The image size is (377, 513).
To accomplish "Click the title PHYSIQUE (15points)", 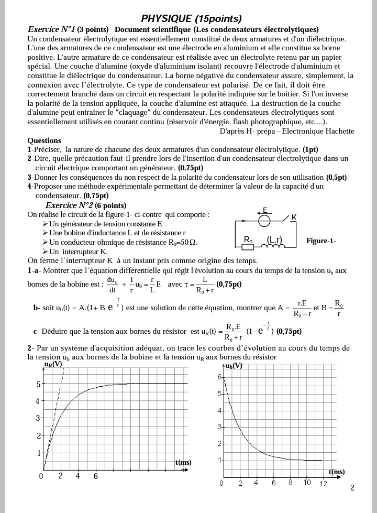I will pos(191,19).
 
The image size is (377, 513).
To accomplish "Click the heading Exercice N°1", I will pos(51,29).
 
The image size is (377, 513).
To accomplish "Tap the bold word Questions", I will pos(44,140).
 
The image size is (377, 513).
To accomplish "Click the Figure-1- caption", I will pos(321,241).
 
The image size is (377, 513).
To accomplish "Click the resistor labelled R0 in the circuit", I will pos(249,240).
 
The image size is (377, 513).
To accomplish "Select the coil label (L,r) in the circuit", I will pos(274,240).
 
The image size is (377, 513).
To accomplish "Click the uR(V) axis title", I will pos(53,364).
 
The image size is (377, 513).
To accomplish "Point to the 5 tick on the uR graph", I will pos(38,384).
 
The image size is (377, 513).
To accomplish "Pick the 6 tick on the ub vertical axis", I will pos(219,377).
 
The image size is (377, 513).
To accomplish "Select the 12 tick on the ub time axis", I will pos(323,483).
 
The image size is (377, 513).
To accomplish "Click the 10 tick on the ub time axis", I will pos(307,483).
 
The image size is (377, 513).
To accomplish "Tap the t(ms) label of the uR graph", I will pos(183,462).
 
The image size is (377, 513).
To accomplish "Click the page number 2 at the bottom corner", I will pos(352,488).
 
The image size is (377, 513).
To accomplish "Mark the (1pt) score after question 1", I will pos(310,149).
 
